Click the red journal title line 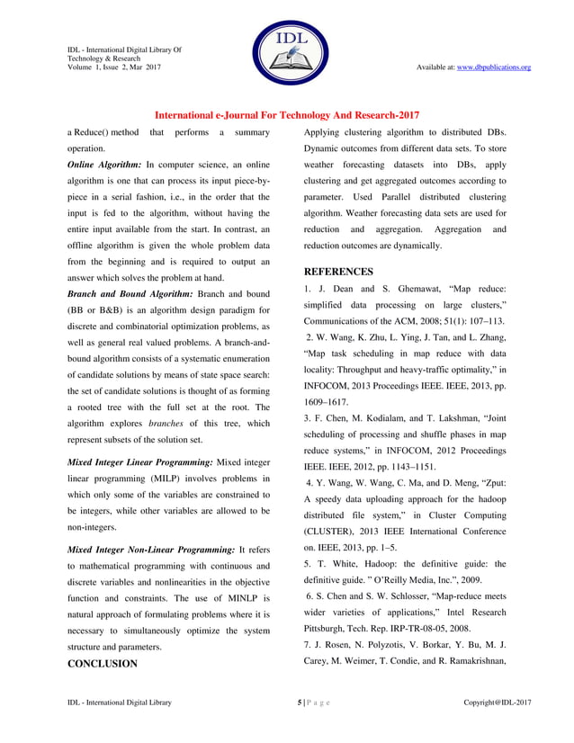287,115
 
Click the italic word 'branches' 166,423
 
